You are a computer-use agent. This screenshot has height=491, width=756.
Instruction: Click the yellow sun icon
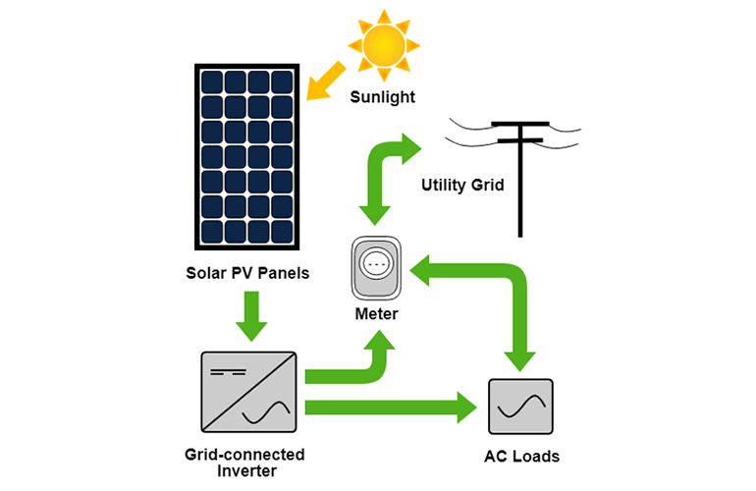click(384, 46)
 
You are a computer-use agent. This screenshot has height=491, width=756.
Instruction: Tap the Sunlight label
click(382, 97)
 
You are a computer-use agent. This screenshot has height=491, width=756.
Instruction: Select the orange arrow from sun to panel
click(326, 82)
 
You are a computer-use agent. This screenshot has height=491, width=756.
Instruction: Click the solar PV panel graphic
click(246, 157)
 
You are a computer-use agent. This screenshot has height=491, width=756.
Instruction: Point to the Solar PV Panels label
click(247, 273)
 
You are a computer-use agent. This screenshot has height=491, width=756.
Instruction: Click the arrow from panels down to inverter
click(251, 316)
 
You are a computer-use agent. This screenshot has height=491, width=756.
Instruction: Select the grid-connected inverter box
click(248, 392)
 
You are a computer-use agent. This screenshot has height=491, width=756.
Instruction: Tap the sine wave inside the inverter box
click(267, 412)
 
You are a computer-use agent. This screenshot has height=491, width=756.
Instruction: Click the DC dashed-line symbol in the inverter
click(228, 372)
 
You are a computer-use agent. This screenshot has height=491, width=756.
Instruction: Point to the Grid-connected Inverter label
click(244, 463)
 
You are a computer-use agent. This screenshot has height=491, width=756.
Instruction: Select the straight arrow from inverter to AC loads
click(391, 408)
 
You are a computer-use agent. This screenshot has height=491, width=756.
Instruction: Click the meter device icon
click(376, 268)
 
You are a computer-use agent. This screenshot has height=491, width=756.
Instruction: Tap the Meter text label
click(377, 314)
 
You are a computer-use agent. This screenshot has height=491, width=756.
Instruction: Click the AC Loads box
click(520, 407)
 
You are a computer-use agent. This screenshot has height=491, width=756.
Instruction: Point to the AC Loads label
click(521, 457)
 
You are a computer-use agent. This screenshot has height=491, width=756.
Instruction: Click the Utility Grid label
click(462, 186)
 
